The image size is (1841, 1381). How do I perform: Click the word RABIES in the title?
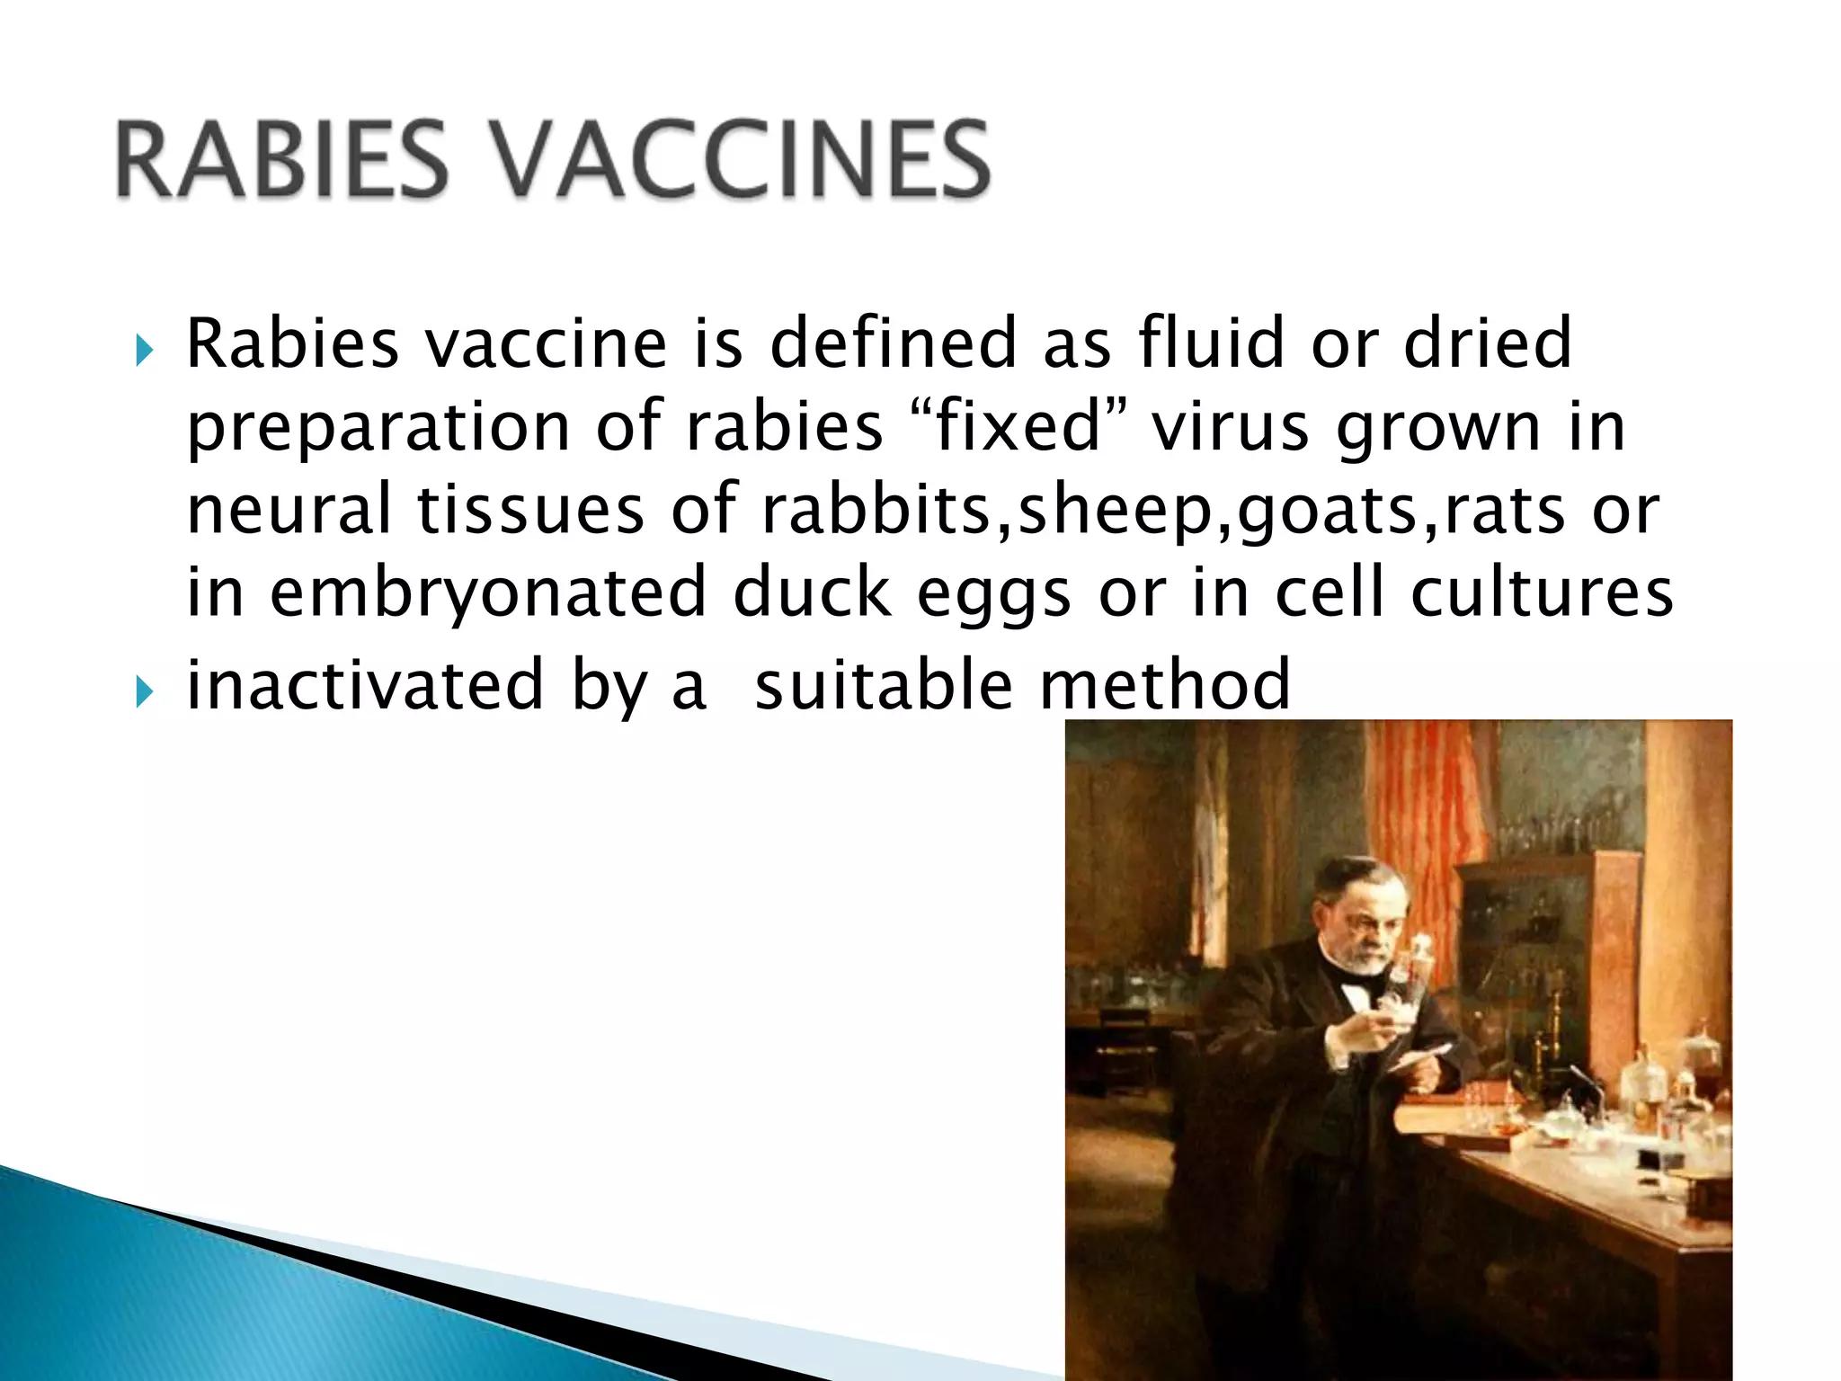(280, 161)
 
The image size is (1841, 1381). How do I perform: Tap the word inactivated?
(365, 683)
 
